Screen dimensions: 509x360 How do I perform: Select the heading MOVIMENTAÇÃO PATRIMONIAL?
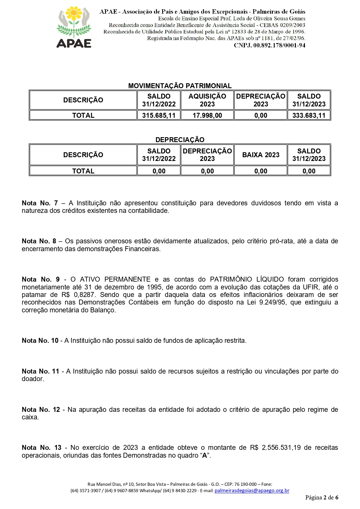point(180,86)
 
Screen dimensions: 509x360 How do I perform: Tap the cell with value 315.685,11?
point(159,115)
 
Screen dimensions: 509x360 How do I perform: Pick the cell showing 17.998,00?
point(207,115)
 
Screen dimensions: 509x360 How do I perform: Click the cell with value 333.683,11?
point(309,115)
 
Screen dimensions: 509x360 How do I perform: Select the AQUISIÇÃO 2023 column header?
point(207,100)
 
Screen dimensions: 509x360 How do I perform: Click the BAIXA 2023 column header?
point(260,155)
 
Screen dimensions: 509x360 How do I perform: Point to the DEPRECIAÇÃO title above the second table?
point(180,140)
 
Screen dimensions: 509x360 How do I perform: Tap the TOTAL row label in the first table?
point(83,115)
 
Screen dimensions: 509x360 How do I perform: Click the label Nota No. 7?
point(40,203)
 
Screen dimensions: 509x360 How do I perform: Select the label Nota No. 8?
point(39,241)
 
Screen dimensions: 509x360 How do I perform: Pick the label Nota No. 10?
point(40,340)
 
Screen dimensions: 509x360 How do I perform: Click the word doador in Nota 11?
point(32,379)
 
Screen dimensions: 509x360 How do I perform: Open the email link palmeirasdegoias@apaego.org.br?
point(252,491)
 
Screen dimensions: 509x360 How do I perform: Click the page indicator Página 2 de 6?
point(321,498)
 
